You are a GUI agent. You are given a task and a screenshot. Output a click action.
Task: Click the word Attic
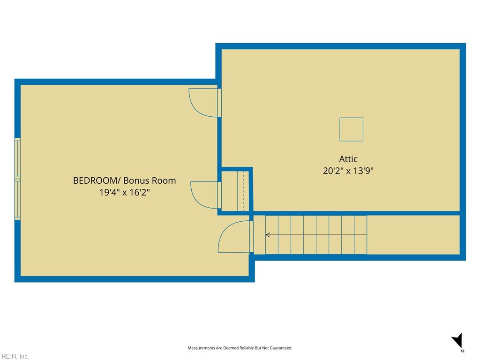[x=348, y=159]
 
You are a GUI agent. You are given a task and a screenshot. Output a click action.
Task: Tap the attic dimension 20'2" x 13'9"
[x=348, y=171]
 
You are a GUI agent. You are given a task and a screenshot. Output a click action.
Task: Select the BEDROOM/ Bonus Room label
[x=124, y=180]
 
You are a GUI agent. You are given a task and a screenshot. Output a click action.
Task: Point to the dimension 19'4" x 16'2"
[x=124, y=192]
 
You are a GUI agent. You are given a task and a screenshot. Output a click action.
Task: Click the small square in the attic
[x=351, y=129]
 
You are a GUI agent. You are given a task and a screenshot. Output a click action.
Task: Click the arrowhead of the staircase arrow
[x=268, y=235]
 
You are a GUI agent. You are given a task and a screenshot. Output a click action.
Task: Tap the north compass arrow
[x=457, y=340]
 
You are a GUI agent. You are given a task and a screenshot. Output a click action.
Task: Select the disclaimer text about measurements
[x=240, y=348]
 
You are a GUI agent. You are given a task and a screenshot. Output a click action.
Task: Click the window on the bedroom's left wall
[x=18, y=179]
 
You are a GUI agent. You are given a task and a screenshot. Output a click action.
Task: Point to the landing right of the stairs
[x=413, y=235]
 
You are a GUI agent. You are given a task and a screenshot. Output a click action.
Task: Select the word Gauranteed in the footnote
[x=281, y=348]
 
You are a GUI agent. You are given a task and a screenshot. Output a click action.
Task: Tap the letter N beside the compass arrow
[x=463, y=351]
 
